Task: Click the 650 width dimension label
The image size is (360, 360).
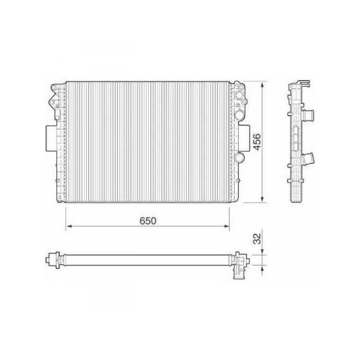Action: pos(148,220)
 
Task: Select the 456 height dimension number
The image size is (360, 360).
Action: pos(256,142)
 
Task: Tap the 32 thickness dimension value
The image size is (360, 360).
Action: pos(257,239)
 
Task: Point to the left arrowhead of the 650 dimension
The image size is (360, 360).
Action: pos(69,226)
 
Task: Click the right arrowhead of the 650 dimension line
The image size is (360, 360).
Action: pos(226,226)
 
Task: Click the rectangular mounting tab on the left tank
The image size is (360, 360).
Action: pos(51,138)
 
